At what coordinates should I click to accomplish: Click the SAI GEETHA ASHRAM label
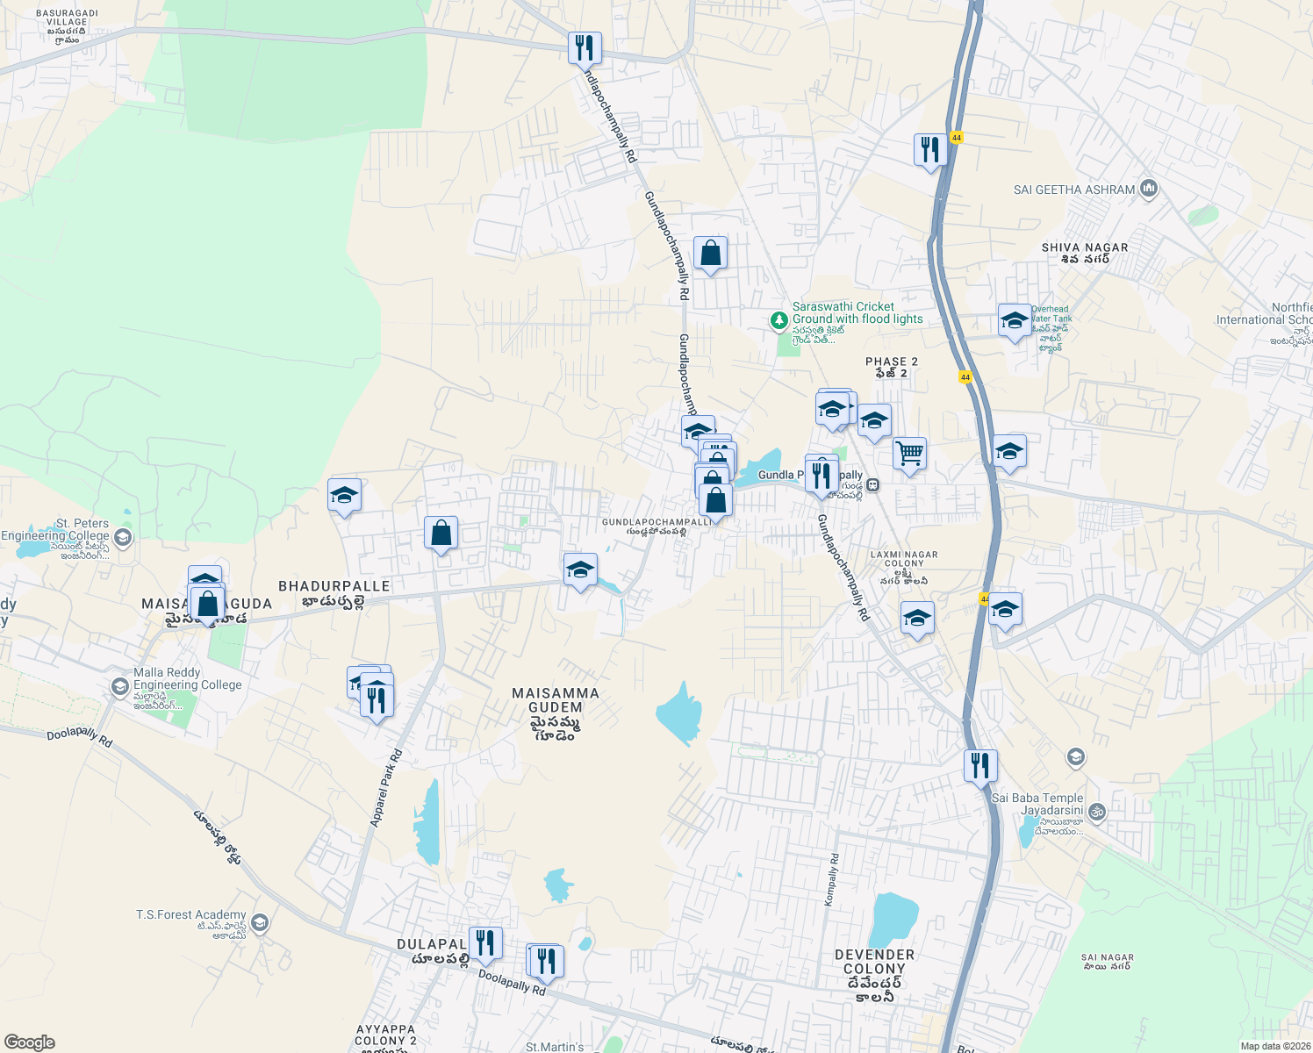pyautogui.click(x=1073, y=190)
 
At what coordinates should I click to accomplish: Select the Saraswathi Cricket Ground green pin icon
pyautogui.click(x=778, y=320)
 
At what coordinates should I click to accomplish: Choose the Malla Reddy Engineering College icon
pyautogui.click(x=120, y=686)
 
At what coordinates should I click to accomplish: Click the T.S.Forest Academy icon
pyautogui.click(x=259, y=923)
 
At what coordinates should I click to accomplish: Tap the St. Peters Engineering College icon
pyautogui.click(x=123, y=537)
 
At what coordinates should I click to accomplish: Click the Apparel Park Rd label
pyautogui.click(x=386, y=787)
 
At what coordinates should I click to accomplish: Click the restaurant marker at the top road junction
pyautogui.click(x=585, y=49)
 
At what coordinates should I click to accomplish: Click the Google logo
pyautogui.click(x=29, y=1042)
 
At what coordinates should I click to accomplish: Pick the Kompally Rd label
pyautogui.click(x=832, y=879)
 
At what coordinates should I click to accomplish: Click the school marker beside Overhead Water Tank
pyautogui.click(x=1015, y=321)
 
